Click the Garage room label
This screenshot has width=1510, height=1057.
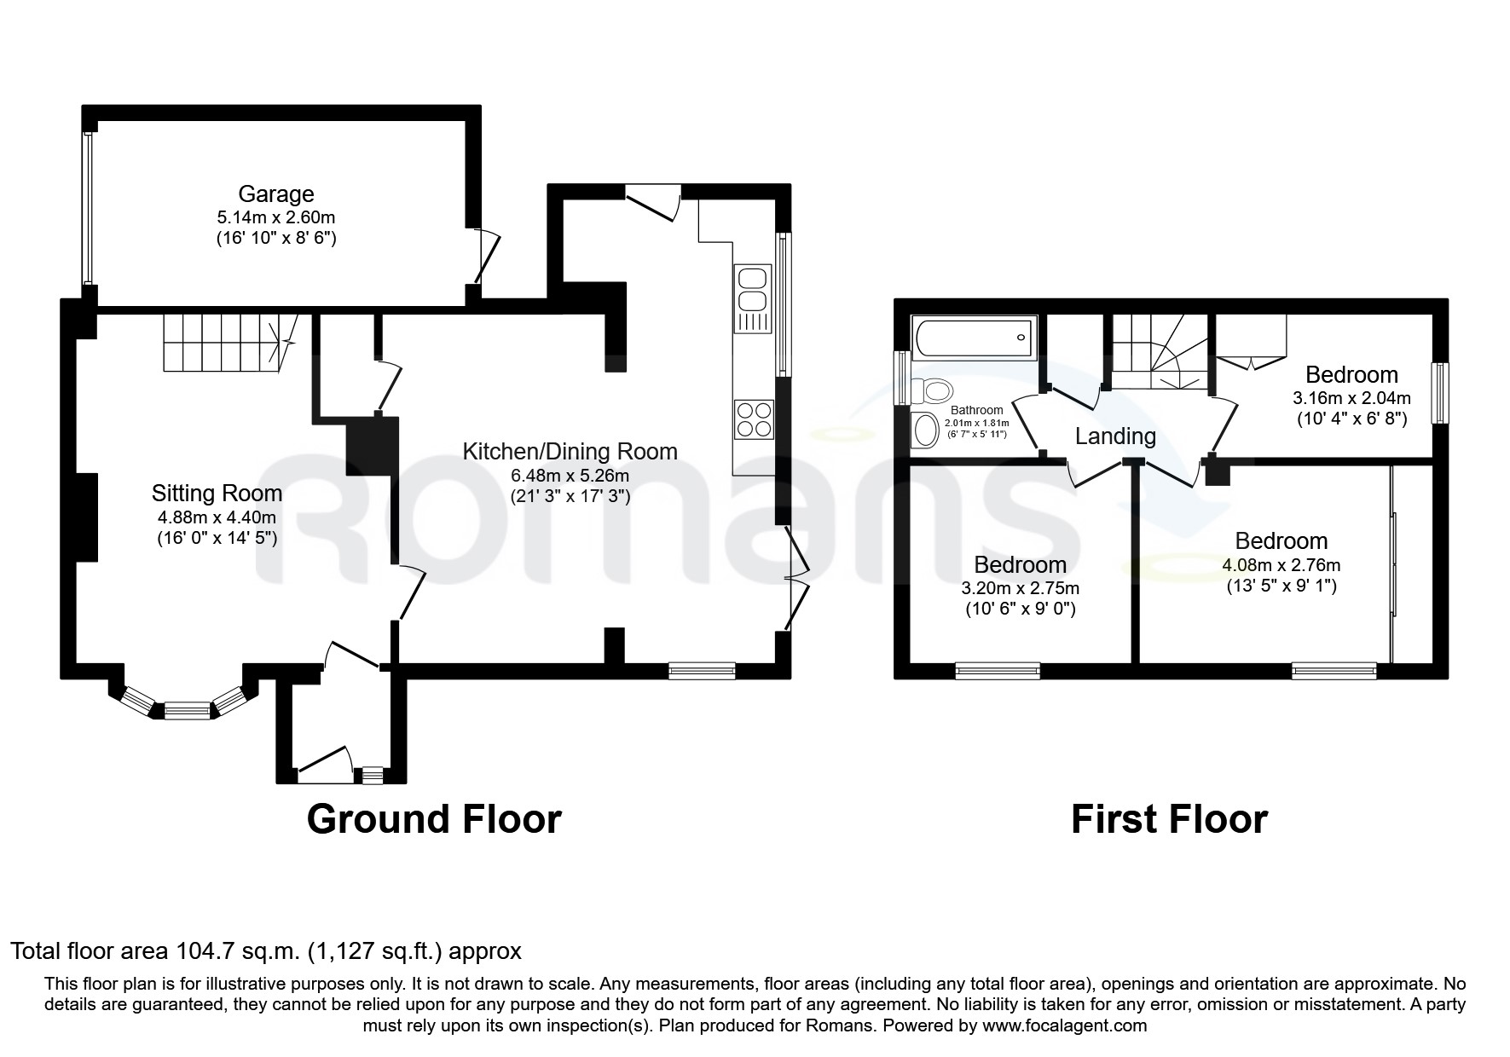coord(275,194)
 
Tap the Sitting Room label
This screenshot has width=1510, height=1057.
coord(217,493)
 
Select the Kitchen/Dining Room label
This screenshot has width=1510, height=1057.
coord(570,452)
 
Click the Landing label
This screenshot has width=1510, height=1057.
coord(1115,436)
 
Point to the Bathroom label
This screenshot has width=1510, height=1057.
coord(977,410)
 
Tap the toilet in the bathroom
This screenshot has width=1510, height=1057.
coord(931,391)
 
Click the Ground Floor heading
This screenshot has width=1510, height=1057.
coord(434,819)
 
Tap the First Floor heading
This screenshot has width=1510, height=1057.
coord(1169,819)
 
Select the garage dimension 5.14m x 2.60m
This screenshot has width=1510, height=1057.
coord(275,218)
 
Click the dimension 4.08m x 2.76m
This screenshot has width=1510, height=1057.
coord(1281,565)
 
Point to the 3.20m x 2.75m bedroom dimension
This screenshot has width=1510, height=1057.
coord(1021,588)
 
